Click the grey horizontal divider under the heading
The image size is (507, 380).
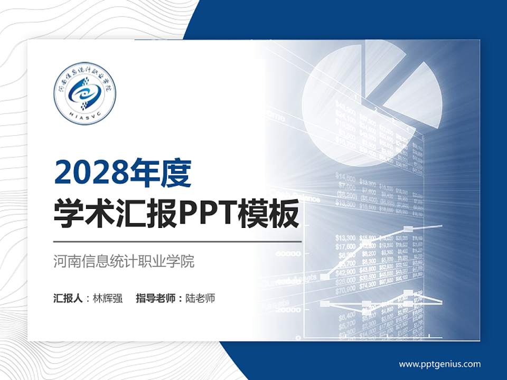click(x=177, y=241)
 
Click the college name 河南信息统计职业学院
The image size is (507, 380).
click(x=124, y=261)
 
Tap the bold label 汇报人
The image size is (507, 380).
click(x=68, y=298)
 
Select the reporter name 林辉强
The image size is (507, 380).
click(x=108, y=298)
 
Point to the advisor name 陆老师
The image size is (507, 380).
click(x=201, y=298)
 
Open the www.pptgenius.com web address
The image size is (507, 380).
click(x=439, y=364)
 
